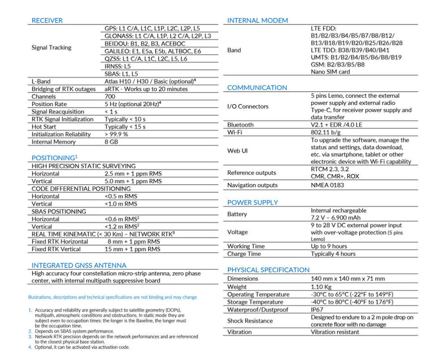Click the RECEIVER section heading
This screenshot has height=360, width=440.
(47, 21)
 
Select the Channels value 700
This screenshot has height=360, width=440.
(110, 97)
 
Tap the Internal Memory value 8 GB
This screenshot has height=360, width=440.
(112, 142)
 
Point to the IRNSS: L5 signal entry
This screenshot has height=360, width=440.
(118, 66)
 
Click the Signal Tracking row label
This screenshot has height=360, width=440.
(51, 47)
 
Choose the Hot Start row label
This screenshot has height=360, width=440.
(44, 127)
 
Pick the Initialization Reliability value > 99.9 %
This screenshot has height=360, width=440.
(116, 135)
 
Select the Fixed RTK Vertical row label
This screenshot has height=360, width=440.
(56, 249)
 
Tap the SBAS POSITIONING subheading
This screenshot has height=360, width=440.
(59, 212)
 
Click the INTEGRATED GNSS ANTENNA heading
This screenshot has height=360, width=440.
(79, 265)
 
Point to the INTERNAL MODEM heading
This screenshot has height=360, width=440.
(258, 21)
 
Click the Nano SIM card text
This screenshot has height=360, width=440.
(330, 72)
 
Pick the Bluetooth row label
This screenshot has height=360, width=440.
(240, 125)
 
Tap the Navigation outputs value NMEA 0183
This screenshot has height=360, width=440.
(327, 185)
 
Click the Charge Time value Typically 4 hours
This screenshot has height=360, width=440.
(333, 254)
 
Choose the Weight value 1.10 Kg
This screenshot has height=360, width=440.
(321, 287)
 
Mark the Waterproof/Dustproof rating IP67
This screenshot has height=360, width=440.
(317, 309)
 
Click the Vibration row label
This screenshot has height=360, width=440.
(239, 332)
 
